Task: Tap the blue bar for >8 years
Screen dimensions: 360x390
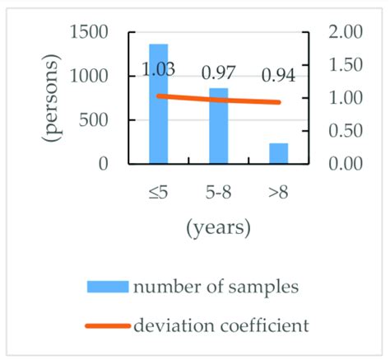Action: [278, 153]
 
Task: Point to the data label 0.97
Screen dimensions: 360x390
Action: [219, 74]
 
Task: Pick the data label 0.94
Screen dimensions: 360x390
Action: [279, 77]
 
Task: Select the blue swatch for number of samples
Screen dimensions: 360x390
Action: [108, 287]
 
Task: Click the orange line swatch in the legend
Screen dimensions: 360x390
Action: [108, 325]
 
